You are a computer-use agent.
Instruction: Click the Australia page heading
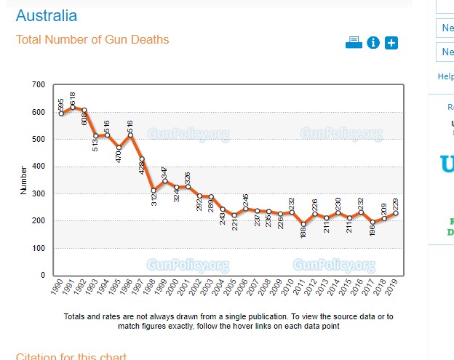tap(46, 16)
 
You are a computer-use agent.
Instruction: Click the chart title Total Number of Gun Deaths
tap(92, 39)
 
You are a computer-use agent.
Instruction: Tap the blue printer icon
tap(354, 42)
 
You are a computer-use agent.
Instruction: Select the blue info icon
tap(373, 43)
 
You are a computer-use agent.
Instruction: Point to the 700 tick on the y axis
tap(39, 85)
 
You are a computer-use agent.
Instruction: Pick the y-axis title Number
tap(24, 180)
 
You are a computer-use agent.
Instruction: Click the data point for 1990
tap(61, 113)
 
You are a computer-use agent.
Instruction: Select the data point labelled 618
tap(73, 107)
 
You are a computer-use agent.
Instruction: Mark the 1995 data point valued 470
tap(119, 148)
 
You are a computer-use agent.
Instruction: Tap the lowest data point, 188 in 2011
tap(303, 224)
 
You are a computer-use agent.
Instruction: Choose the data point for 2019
tap(396, 213)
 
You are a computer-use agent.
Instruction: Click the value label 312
tap(154, 197)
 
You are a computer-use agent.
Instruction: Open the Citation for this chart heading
tap(71, 356)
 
